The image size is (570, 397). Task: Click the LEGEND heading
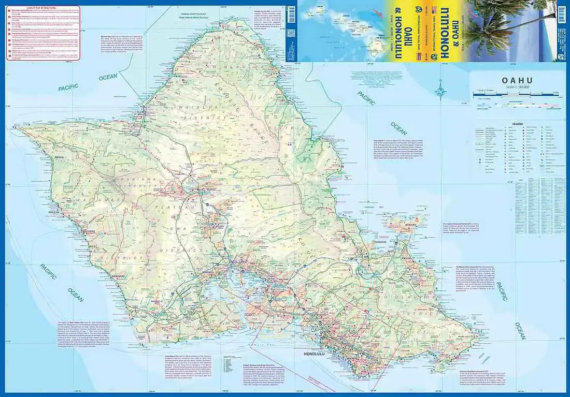pos(519,124)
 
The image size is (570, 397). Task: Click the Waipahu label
pos(208,271)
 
